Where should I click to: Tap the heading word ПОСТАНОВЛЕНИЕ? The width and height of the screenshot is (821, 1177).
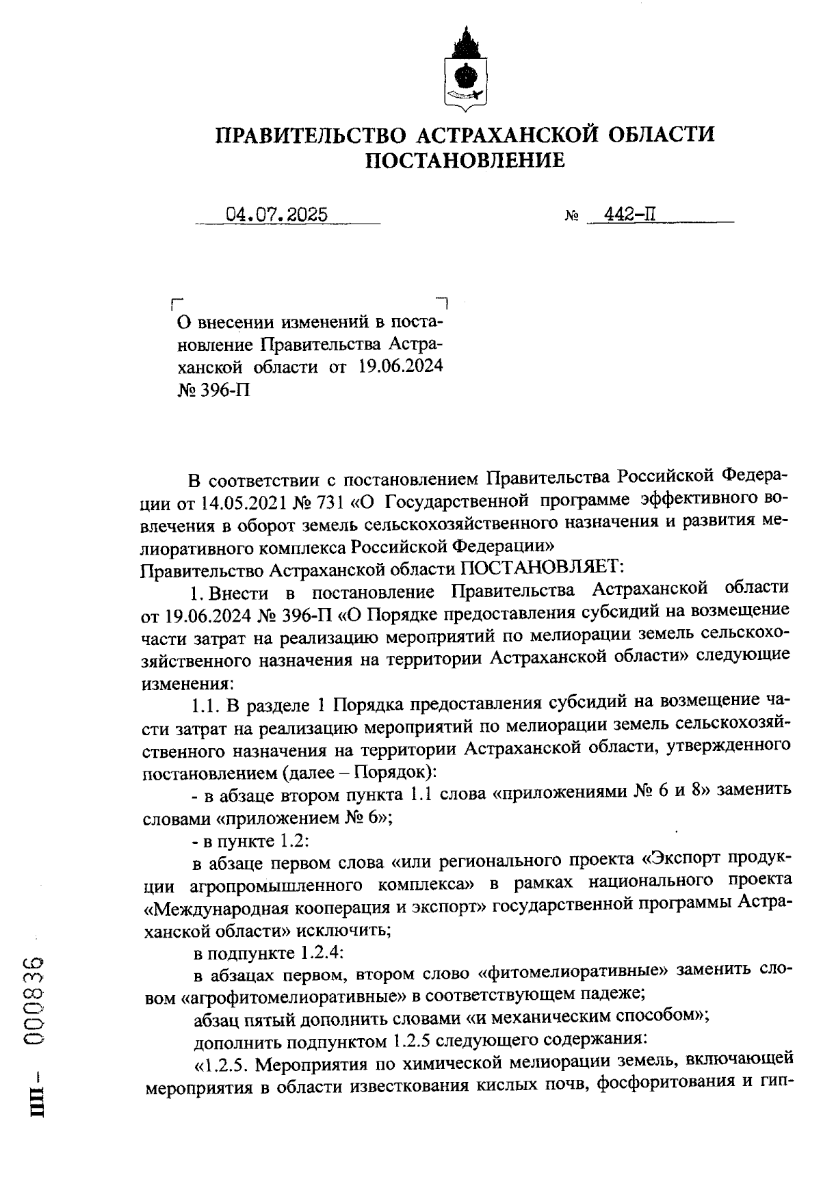pos(465,161)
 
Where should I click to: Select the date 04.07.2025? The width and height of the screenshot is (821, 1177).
pos(276,214)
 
